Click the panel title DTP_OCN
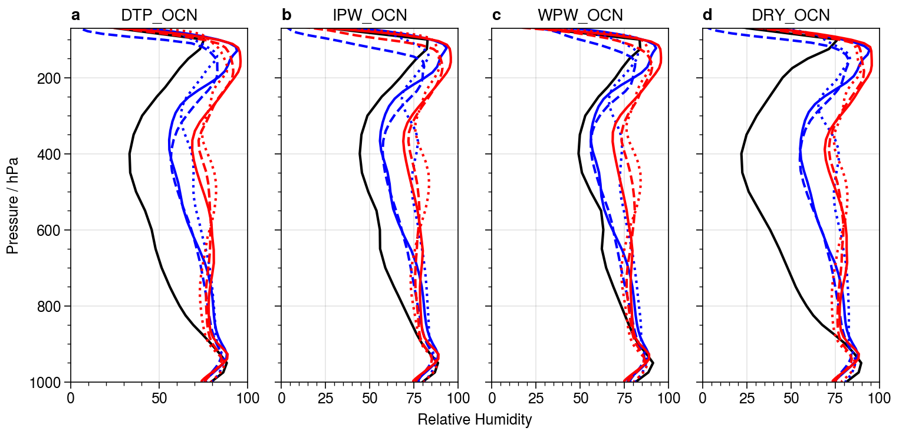point(159,16)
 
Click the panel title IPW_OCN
point(370,16)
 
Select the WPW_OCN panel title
point(580,16)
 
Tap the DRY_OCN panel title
point(791,16)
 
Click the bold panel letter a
point(75,16)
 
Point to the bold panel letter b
point(287,16)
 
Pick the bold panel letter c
point(496,16)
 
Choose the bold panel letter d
point(707,16)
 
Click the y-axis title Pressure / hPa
point(13,205)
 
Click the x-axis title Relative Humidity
point(475,420)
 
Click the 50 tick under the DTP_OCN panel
point(159,398)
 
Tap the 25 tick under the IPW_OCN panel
point(325,398)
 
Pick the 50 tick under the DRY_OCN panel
point(791,398)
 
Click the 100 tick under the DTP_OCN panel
point(247,398)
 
